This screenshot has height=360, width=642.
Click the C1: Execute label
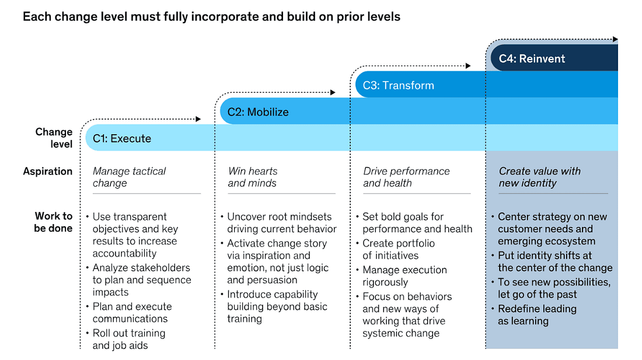pos(121,138)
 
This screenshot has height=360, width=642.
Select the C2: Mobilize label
pos(258,111)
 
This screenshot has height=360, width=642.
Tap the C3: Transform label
pos(399,85)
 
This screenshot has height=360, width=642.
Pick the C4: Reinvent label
pos(532,58)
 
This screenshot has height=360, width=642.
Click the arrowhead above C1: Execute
pos(198,119)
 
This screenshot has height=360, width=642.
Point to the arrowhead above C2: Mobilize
pos(333,92)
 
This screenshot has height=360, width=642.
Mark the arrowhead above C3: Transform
pos(468,66)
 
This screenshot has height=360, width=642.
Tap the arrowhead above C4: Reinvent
pos(615,39)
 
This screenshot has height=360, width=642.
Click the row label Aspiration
pos(47,171)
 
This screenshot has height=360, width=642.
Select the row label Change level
pos(54,138)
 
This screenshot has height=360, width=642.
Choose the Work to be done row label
pos(53,222)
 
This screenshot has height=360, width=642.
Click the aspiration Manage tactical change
pos(129,177)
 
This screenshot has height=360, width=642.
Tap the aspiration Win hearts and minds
pos(253,177)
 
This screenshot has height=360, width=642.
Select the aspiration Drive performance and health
pos(406,177)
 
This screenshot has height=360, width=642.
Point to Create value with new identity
pos(540,177)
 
